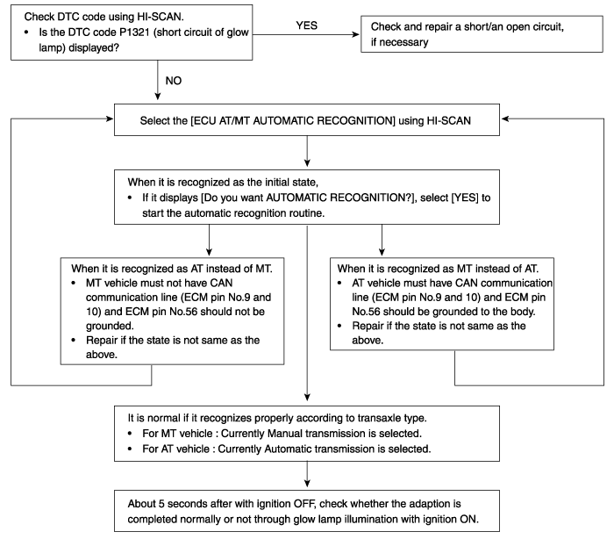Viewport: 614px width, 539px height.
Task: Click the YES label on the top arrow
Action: coord(307,25)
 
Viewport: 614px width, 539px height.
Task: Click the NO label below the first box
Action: coord(174,81)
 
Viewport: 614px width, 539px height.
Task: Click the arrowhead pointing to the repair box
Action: coord(355,34)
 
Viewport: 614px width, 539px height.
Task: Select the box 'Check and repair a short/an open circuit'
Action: coord(482,34)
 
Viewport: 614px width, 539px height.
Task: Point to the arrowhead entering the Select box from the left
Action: coord(110,119)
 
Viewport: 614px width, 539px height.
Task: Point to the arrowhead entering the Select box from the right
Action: coord(504,119)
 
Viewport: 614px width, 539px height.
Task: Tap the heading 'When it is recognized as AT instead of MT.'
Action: coord(172,269)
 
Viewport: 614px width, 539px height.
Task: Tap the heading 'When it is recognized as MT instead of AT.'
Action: coord(438,269)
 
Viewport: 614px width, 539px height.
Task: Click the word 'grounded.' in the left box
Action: coord(110,327)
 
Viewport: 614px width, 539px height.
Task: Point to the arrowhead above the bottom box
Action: coord(307,483)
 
